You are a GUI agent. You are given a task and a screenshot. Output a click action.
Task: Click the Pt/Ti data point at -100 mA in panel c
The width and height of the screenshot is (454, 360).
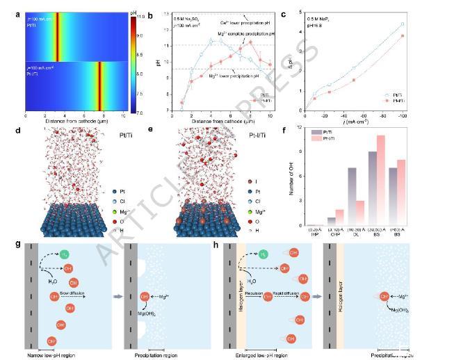pyautogui.click(x=421, y=24)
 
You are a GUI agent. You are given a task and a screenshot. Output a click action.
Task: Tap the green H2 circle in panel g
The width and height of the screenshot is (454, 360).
pyautogui.click(x=64, y=255)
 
